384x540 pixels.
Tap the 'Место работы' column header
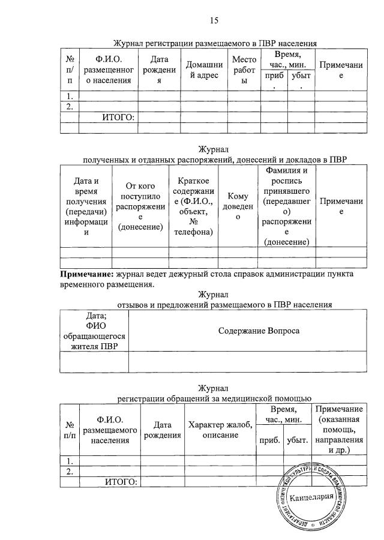click(244, 70)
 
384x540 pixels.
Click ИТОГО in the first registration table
click(118, 118)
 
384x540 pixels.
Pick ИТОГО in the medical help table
click(122, 482)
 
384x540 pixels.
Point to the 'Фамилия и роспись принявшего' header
click(286, 206)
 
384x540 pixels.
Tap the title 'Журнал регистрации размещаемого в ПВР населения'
click(215, 43)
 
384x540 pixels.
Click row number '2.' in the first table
click(70, 107)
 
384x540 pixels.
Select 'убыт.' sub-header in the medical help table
click(298, 440)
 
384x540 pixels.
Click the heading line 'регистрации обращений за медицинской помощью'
click(214, 397)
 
